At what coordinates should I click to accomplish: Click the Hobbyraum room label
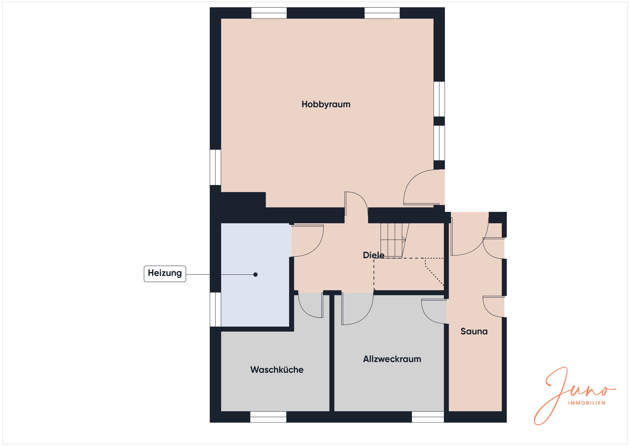(x=326, y=104)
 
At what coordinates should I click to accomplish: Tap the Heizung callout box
(x=165, y=273)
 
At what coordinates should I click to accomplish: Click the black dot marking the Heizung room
(x=256, y=274)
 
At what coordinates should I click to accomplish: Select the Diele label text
(x=373, y=255)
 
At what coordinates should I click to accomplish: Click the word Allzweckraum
(x=392, y=359)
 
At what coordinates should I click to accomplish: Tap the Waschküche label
(x=277, y=370)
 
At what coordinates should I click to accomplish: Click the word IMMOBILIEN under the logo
(x=586, y=403)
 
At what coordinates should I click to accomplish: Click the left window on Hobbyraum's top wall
(x=269, y=13)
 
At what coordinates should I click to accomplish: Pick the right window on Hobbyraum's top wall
(x=382, y=13)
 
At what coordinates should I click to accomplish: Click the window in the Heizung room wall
(x=215, y=309)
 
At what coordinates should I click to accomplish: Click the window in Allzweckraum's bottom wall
(x=428, y=417)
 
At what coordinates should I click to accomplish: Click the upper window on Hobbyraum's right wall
(x=439, y=99)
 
